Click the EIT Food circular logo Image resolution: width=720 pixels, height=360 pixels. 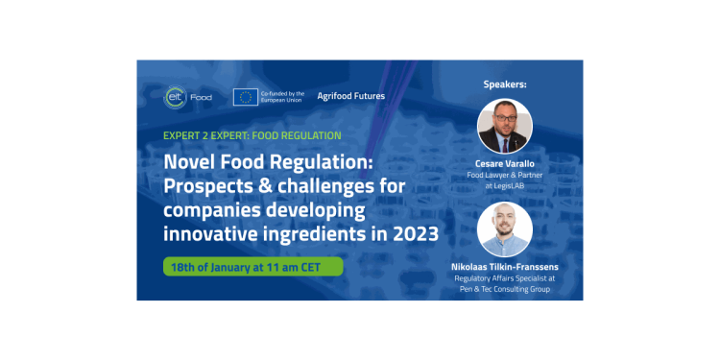[175, 97]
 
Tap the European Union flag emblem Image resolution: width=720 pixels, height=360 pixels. [245, 97]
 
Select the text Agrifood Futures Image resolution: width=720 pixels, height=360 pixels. [351, 96]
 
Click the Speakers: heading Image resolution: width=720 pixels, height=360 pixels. [505, 84]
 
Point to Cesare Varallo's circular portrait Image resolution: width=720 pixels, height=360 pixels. [505, 127]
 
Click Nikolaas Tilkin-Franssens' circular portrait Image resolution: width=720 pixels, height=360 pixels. [505, 229]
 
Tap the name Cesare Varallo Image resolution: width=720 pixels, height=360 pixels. [505, 164]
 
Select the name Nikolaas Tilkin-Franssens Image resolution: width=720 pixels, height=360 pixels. [505, 267]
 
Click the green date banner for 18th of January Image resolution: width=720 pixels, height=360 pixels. [253, 267]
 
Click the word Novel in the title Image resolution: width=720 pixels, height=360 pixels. [185, 162]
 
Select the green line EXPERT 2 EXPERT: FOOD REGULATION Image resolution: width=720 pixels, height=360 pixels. [252, 136]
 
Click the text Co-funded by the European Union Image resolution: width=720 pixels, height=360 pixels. [282, 96]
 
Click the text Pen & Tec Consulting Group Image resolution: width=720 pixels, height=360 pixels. [505, 289]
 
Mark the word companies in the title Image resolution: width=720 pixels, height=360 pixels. [212, 211]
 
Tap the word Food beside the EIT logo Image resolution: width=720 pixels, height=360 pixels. [202, 97]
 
